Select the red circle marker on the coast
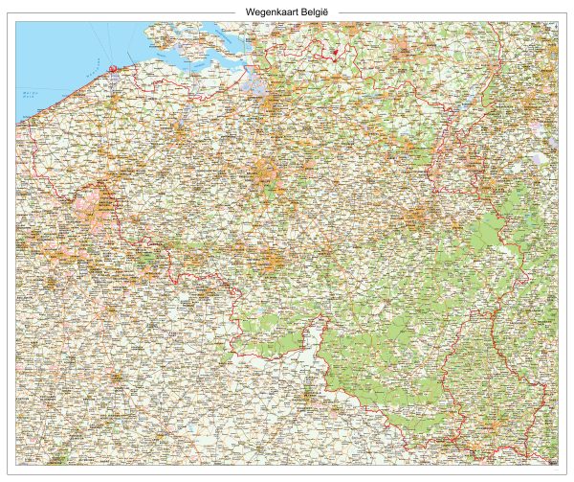113,68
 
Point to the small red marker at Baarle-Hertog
336,55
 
